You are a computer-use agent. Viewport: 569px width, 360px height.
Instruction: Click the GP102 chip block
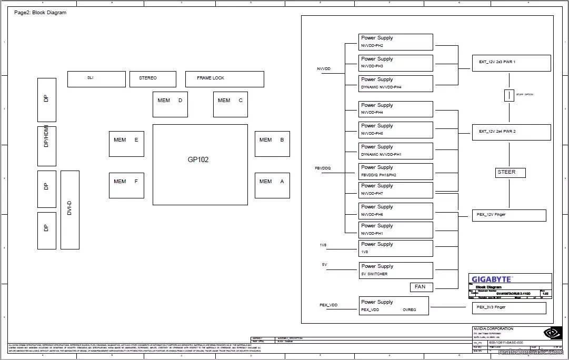coord(200,164)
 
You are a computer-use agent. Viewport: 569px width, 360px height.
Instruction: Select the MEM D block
coord(170,104)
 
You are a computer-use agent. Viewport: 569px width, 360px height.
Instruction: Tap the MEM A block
coord(272,185)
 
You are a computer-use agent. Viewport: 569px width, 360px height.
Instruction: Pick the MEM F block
coord(126,185)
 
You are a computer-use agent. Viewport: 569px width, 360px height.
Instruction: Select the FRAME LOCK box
coord(224,79)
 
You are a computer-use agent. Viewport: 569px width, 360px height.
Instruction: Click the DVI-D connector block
coord(70,209)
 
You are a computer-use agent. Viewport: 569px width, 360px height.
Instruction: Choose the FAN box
coord(421,287)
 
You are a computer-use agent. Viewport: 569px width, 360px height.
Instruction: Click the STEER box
coord(510,173)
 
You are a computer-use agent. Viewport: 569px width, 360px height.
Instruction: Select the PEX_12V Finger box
coord(508,215)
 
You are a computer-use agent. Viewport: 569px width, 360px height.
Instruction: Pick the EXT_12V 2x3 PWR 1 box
coord(511,63)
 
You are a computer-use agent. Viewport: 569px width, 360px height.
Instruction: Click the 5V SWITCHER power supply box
coord(396,270)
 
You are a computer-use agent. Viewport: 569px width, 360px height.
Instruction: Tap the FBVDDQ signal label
coord(323,168)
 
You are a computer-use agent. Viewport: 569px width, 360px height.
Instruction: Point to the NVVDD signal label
coord(324,69)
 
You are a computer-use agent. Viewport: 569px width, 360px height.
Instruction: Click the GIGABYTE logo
coord(491,279)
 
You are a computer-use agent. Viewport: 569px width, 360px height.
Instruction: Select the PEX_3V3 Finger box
coord(508,307)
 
